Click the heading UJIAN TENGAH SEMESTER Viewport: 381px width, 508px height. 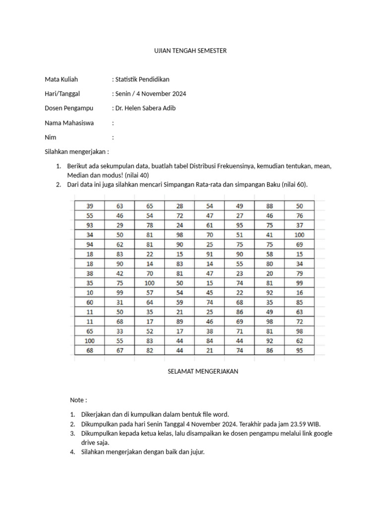190,51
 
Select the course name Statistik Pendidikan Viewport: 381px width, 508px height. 142,79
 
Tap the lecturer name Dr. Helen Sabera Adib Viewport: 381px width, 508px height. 145,108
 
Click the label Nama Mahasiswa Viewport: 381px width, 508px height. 69,123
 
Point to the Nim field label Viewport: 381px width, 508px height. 50,137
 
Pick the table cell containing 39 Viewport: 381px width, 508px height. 90,206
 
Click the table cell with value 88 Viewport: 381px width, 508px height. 269,206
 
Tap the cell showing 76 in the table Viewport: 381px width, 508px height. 299,215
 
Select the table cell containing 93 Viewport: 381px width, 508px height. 90,225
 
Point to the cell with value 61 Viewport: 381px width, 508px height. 209,225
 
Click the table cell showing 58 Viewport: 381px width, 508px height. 269,254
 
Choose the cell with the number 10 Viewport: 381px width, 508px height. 90,293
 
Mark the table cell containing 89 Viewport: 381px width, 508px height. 180,321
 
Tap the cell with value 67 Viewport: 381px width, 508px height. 120,351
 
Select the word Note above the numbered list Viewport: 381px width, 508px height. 77,400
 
